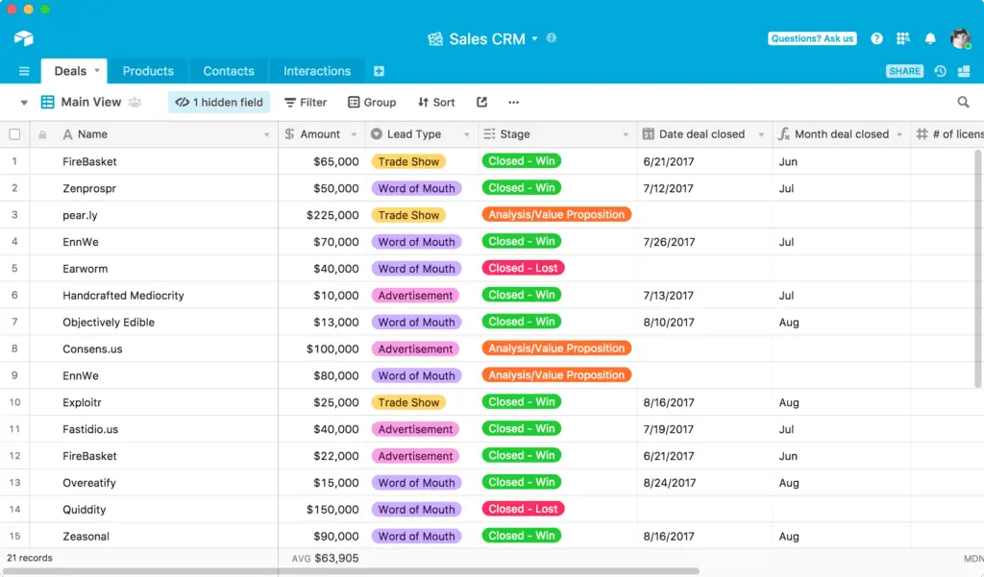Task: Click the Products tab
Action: click(148, 71)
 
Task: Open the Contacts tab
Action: click(229, 71)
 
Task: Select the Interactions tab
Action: click(317, 71)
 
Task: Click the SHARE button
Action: click(904, 71)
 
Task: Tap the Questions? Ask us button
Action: click(812, 38)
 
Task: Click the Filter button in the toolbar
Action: click(307, 102)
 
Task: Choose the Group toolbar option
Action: click(372, 102)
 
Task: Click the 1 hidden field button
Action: click(219, 102)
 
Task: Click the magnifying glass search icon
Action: click(963, 102)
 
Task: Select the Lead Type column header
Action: click(414, 134)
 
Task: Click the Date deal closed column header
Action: click(701, 134)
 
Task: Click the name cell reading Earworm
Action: click(86, 269)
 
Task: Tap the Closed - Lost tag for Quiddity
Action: click(523, 509)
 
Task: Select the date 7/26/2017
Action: click(669, 242)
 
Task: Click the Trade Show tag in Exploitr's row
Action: click(408, 402)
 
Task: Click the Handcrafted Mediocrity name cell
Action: click(123, 296)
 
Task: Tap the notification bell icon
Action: click(930, 38)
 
